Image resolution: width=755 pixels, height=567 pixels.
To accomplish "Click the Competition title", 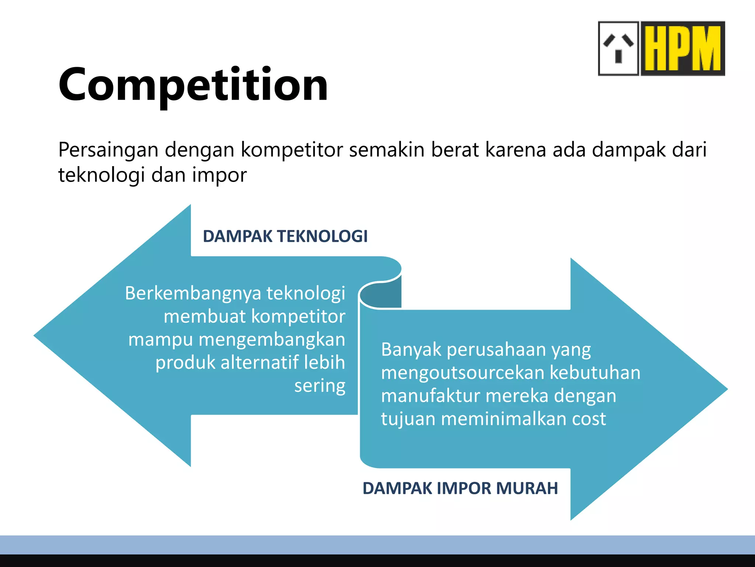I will point(193,85).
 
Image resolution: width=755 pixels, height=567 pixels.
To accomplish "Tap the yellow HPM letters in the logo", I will point(683,48).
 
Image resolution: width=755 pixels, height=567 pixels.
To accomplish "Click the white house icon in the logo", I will point(618,48).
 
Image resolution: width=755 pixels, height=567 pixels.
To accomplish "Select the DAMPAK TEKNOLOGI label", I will point(285,236).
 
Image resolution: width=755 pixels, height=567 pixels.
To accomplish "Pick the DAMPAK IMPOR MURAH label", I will point(460,488).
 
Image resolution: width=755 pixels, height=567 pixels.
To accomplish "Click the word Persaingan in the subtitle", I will point(108,150).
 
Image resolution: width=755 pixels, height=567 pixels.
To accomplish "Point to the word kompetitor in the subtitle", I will point(292,150).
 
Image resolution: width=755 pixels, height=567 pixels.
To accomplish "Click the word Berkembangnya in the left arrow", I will point(193,293).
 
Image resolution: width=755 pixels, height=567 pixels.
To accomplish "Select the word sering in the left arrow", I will point(320,386).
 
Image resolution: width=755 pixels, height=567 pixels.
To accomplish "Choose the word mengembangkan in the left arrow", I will point(272,340).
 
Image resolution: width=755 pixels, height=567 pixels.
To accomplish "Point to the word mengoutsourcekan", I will point(462,372).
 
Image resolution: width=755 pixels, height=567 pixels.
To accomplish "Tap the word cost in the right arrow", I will point(588,419).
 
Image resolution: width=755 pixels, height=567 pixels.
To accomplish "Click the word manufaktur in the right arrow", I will point(430,396).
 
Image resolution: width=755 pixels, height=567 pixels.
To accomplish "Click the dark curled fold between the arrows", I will point(382,295).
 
